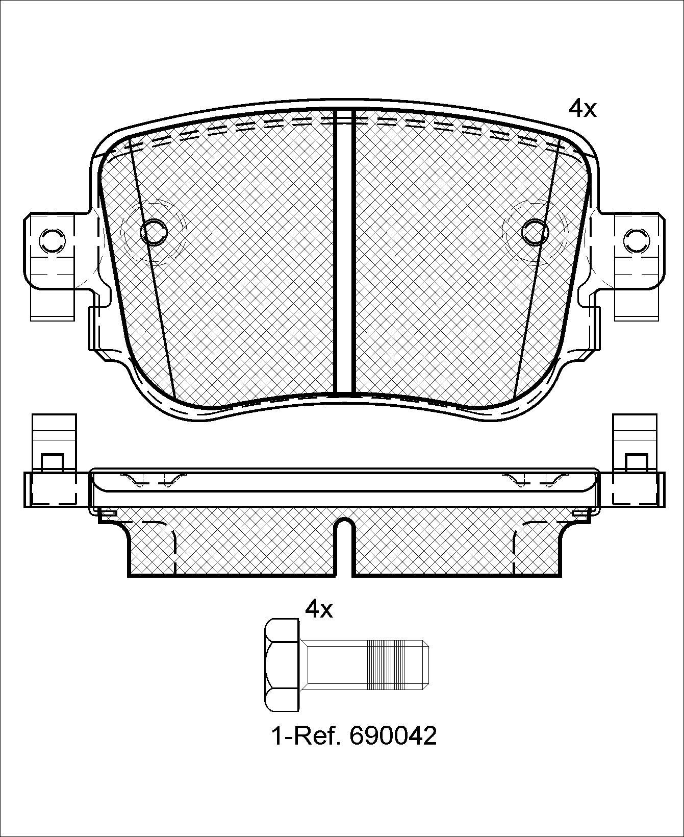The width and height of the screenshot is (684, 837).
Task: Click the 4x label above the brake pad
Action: (x=582, y=108)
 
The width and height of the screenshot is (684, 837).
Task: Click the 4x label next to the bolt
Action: (x=319, y=609)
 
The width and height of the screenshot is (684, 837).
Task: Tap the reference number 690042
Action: (x=393, y=736)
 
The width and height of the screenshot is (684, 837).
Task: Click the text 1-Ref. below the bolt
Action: (x=306, y=736)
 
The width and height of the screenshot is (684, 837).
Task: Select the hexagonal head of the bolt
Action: (x=282, y=666)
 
